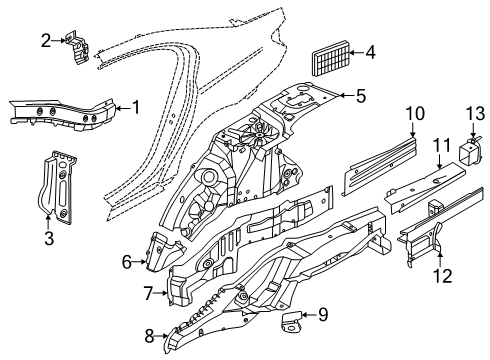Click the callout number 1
(x=135, y=107)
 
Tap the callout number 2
(x=46, y=41)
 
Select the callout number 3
(x=49, y=238)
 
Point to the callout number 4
(x=370, y=52)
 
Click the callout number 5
(x=361, y=96)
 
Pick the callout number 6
(x=127, y=262)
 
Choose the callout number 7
(x=149, y=293)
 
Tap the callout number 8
(x=149, y=336)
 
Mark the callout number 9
(x=323, y=315)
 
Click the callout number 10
(x=415, y=113)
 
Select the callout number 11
(x=441, y=146)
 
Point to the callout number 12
(x=443, y=276)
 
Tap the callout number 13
(x=475, y=113)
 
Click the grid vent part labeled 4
(x=331, y=62)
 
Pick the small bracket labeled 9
(x=292, y=321)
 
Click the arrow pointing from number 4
(x=357, y=52)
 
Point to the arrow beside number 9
(x=309, y=315)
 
